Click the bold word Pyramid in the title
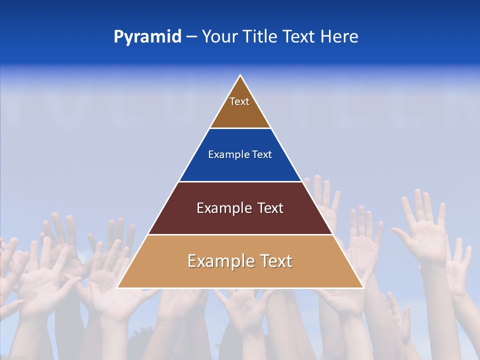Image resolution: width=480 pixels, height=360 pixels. click(x=147, y=37)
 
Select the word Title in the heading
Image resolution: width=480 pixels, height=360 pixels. click(x=260, y=36)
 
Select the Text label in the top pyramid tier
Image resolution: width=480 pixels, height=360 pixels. click(x=239, y=101)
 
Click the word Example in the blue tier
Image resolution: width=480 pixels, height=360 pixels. click(x=226, y=155)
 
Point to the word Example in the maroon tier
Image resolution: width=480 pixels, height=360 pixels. click(x=223, y=208)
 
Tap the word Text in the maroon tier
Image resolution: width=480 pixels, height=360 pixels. click(x=270, y=208)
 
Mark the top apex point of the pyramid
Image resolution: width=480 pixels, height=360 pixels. click(x=240, y=75)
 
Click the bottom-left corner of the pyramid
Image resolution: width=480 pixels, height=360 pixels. click(x=117, y=288)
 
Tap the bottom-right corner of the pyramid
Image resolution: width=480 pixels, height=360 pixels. click(x=363, y=288)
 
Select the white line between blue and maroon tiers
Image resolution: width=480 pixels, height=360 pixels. click(x=240, y=181)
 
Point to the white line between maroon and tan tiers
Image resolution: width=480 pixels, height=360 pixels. click(x=240, y=234)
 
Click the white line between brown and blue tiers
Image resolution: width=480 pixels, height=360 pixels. click(x=240, y=128)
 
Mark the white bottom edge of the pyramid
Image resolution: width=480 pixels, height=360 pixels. click(x=240, y=288)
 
